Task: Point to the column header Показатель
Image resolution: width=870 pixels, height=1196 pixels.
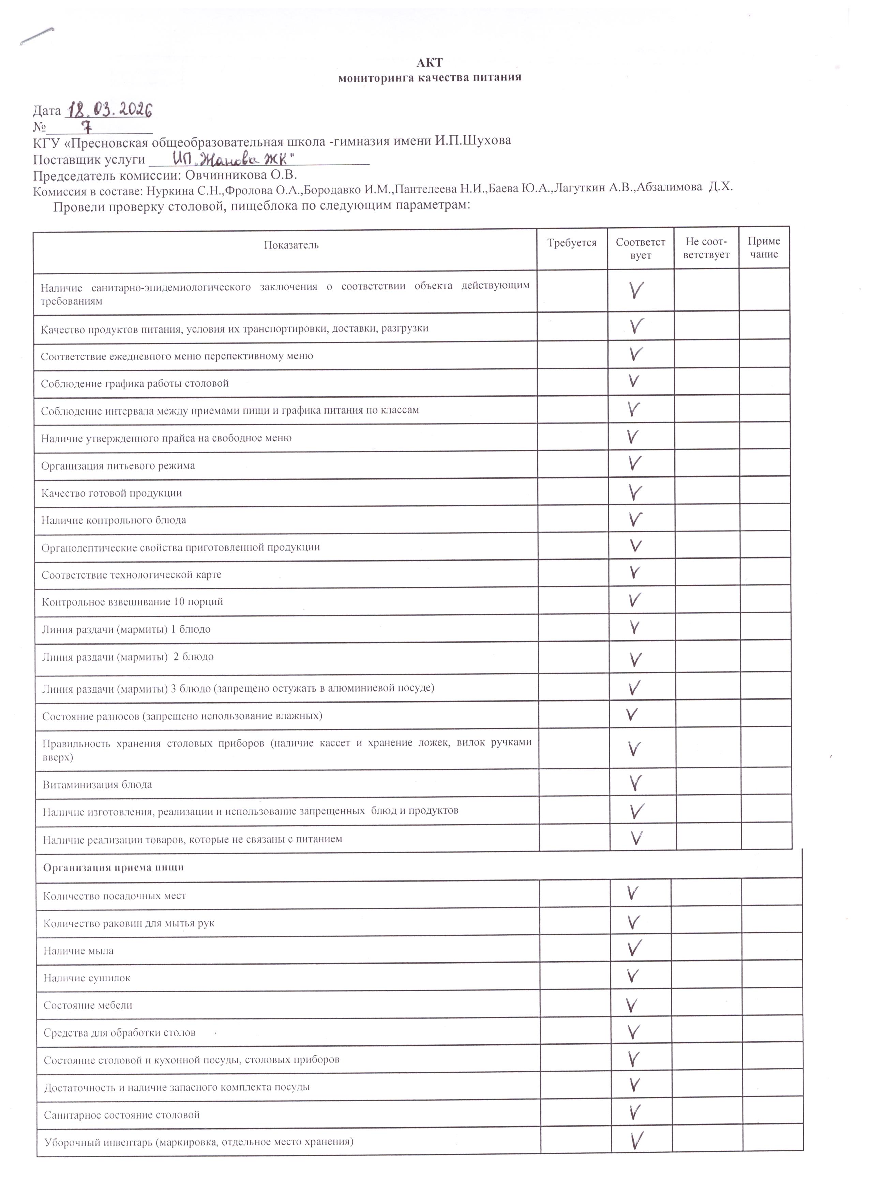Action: tap(291, 245)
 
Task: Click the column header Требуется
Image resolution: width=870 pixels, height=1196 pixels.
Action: tap(572, 243)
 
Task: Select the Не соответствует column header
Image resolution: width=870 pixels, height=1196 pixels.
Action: tap(706, 248)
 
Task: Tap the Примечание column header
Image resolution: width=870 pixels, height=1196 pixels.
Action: tap(763, 248)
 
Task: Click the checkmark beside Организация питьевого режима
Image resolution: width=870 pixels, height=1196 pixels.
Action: tap(635, 463)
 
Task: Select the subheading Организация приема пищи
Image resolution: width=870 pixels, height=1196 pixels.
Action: tap(114, 868)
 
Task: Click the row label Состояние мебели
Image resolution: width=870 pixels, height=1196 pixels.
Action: tap(88, 1005)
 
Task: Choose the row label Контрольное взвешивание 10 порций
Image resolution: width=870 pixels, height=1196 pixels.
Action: tap(132, 602)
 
